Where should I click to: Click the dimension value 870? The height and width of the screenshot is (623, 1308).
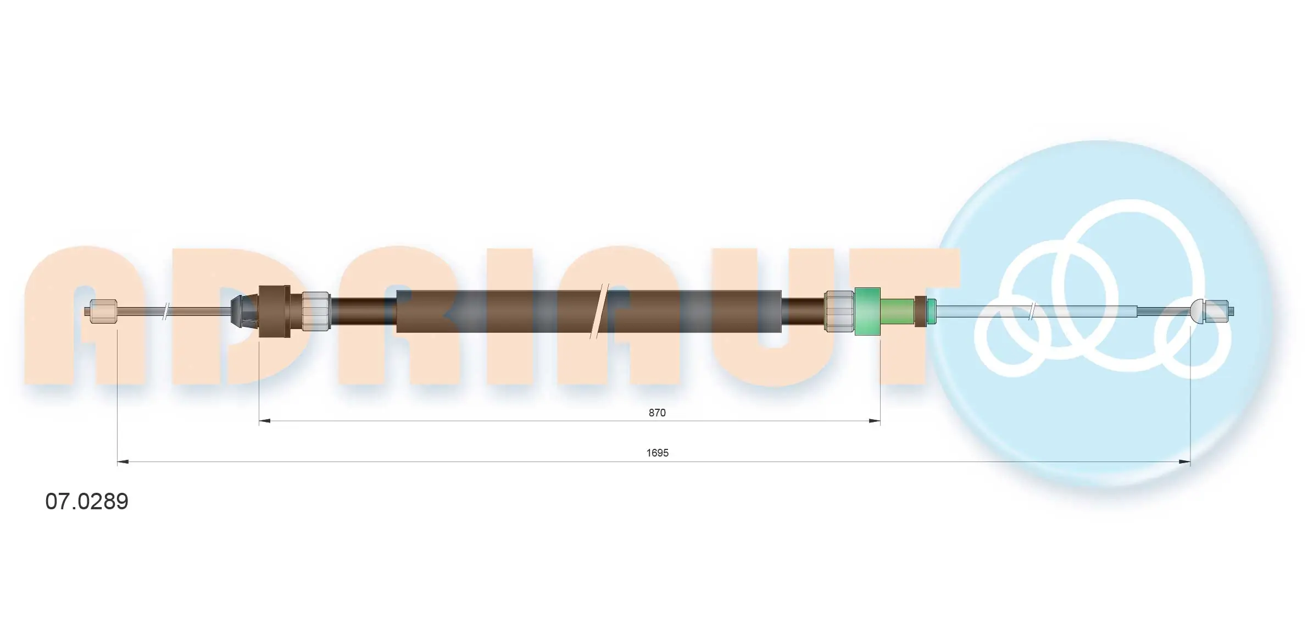pyautogui.click(x=657, y=413)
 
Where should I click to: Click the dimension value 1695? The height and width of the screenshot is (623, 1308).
pyautogui.click(x=657, y=453)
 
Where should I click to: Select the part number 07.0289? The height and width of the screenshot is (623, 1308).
pyautogui.click(x=87, y=501)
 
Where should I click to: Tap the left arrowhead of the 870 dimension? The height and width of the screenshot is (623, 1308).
pyautogui.click(x=265, y=421)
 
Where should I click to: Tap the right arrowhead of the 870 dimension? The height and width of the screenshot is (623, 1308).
pyautogui.click(x=875, y=421)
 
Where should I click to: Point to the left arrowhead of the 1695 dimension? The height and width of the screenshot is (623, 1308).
pyautogui.click(x=123, y=462)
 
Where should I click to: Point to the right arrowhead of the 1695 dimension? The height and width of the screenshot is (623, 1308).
pyautogui.click(x=1184, y=462)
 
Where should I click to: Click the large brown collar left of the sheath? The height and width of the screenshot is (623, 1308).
pyautogui.click(x=274, y=311)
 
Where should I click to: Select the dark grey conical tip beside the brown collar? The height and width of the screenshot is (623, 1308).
pyautogui.click(x=244, y=311)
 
